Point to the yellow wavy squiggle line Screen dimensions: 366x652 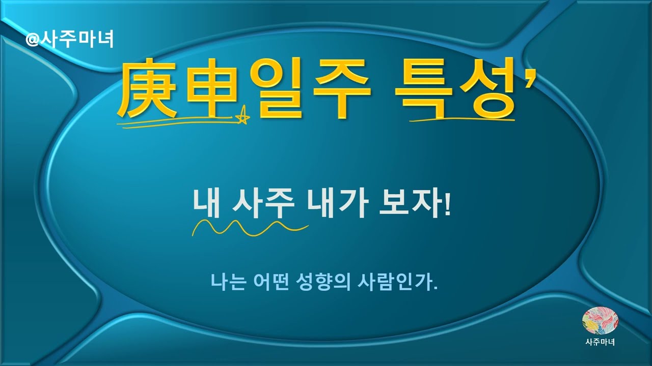(250, 228)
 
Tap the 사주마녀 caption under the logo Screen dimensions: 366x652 (600, 342)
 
